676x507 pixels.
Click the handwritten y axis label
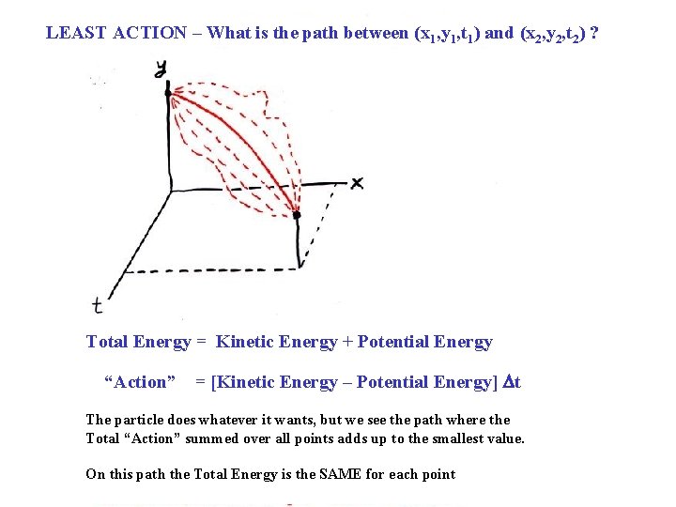click(161, 67)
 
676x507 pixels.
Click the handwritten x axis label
click(357, 182)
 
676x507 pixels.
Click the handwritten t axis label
click(97, 303)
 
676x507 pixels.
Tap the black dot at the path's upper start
click(168, 92)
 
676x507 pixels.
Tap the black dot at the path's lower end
click(297, 215)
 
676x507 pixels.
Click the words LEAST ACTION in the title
click(116, 33)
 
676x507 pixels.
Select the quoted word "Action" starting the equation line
click(140, 382)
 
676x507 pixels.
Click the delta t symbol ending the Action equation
click(512, 382)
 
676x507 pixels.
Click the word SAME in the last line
click(323, 474)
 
